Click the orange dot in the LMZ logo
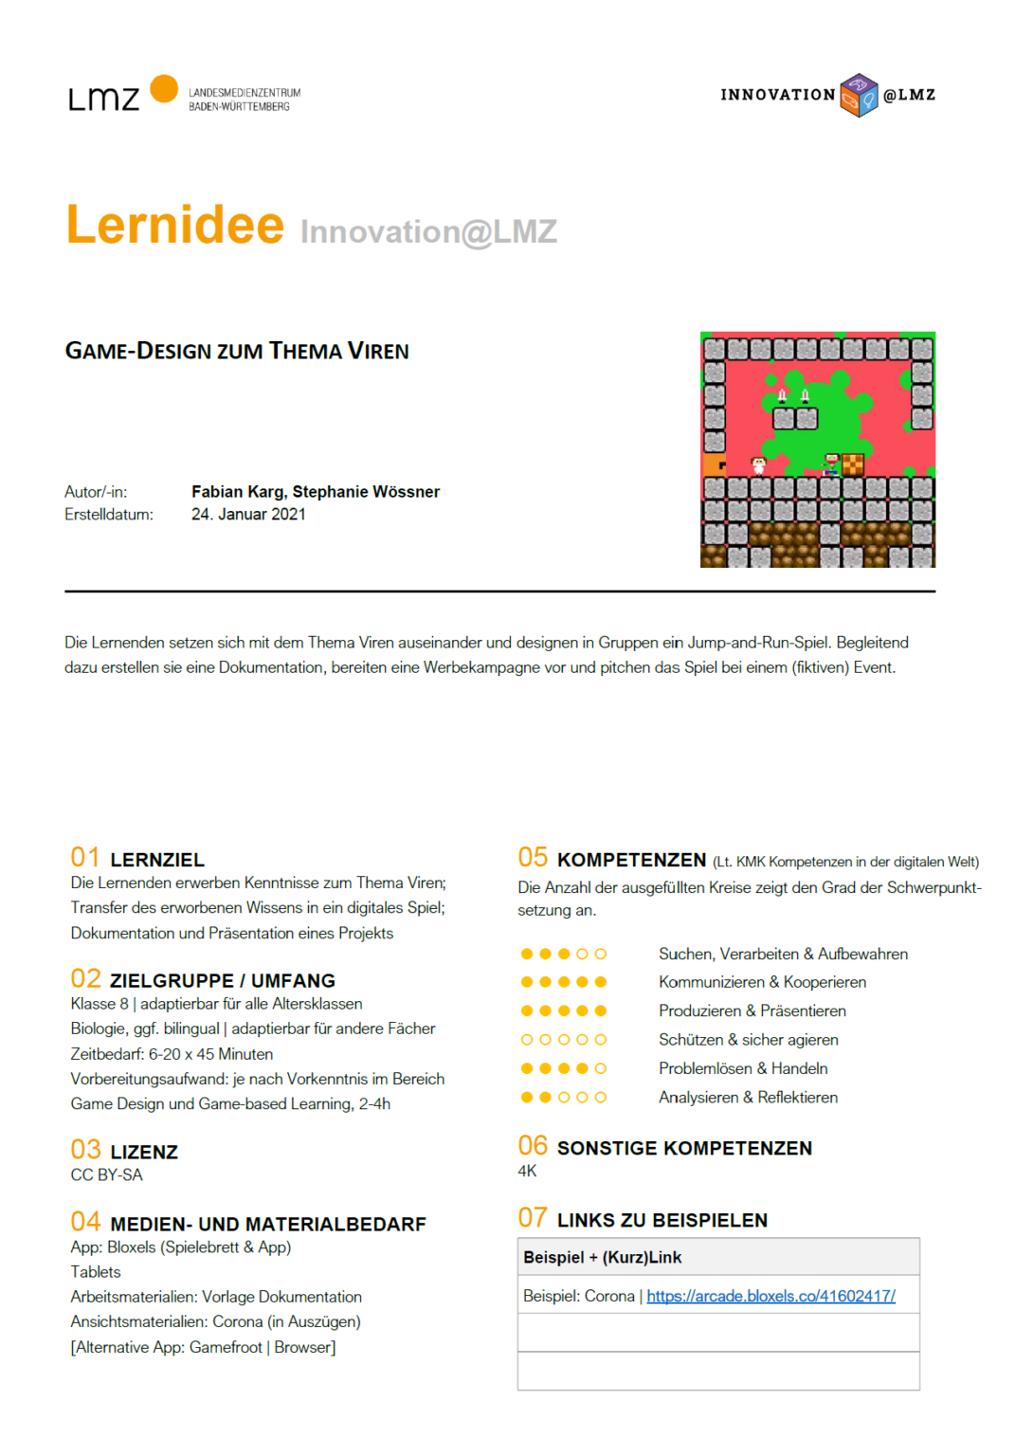click(164, 88)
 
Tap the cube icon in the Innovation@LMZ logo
click(859, 96)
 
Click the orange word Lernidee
click(175, 226)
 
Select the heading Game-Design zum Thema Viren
click(237, 352)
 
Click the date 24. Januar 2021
click(248, 515)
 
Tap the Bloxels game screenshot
click(817, 449)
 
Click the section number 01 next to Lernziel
click(85, 858)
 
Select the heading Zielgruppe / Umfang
click(223, 981)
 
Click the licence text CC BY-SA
click(106, 1175)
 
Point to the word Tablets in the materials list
click(96, 1272)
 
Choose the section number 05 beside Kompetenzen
click(533, 858)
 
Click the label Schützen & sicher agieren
click(748, 1040)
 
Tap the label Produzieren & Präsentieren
click(752, 1011)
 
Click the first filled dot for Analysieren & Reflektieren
click(527, 1098)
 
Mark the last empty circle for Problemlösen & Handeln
click(600, 1069)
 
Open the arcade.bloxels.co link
click(770, 1296)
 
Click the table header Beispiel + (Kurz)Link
click(602, 1258)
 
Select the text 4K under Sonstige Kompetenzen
click(527, 1172)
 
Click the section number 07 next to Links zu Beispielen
click(533, 1218)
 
